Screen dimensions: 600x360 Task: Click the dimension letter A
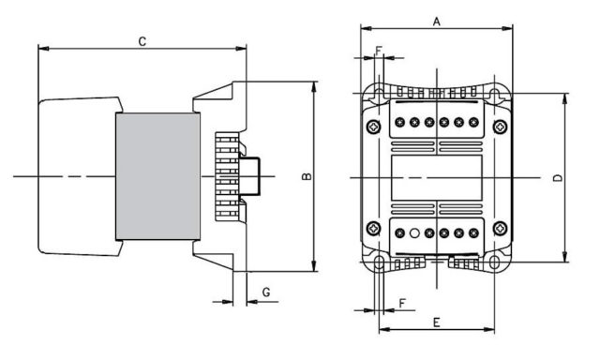[436, 22]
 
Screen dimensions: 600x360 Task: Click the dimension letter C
[142, 41]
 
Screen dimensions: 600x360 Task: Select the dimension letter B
[307, 176]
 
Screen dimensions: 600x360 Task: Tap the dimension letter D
[559, 178]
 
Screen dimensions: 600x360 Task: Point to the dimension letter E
[437, 322]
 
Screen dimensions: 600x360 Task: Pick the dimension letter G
[266, 292]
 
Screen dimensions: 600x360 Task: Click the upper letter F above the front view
[379, 51]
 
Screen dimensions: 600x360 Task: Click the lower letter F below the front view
[402, 304]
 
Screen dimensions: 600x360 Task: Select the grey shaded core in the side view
[157, 176]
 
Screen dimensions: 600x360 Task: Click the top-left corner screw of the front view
[373, 127]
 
